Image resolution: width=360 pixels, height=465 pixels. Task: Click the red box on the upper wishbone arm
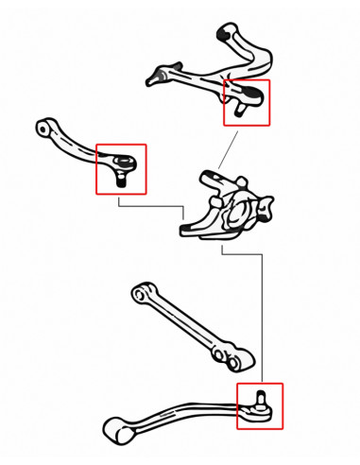click(x=246, y=102)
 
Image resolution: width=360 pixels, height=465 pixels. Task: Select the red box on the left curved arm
click(x=121, y=168)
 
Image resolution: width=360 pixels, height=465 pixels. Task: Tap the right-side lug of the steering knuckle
click(x=268, y=204)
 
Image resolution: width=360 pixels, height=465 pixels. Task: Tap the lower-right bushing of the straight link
click(x=238, y=358)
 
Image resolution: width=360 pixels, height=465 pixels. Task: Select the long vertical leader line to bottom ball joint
click(x=262, y=312)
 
